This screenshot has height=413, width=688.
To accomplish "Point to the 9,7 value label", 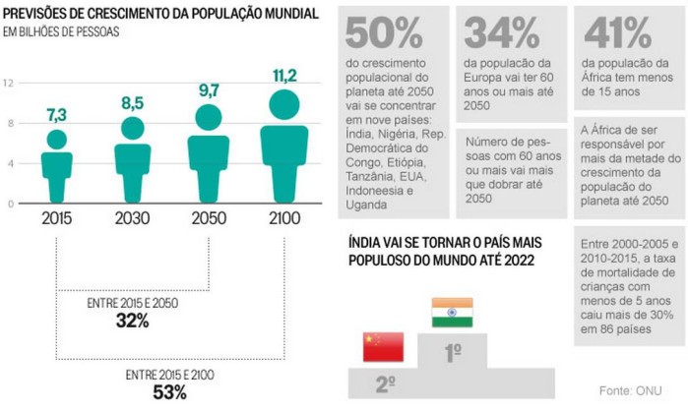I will coord(208,89).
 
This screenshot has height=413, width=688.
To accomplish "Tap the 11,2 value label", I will coord(283,76).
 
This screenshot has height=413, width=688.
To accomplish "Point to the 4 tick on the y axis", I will coord(10,163).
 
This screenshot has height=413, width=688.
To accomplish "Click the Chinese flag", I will coord(384,346).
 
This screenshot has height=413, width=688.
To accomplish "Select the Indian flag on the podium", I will coord(452,312).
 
